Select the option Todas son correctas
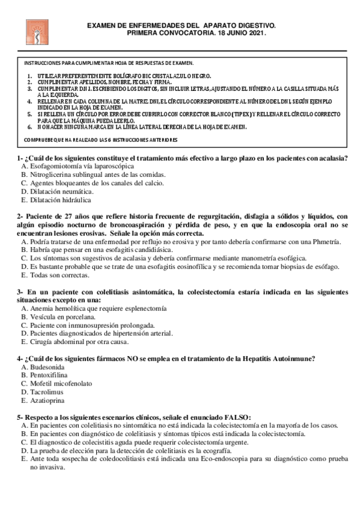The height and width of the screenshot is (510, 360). point(59,275)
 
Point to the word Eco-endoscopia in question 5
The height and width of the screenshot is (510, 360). point(210,458)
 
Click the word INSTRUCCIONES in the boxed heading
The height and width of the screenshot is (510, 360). point(43,63)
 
